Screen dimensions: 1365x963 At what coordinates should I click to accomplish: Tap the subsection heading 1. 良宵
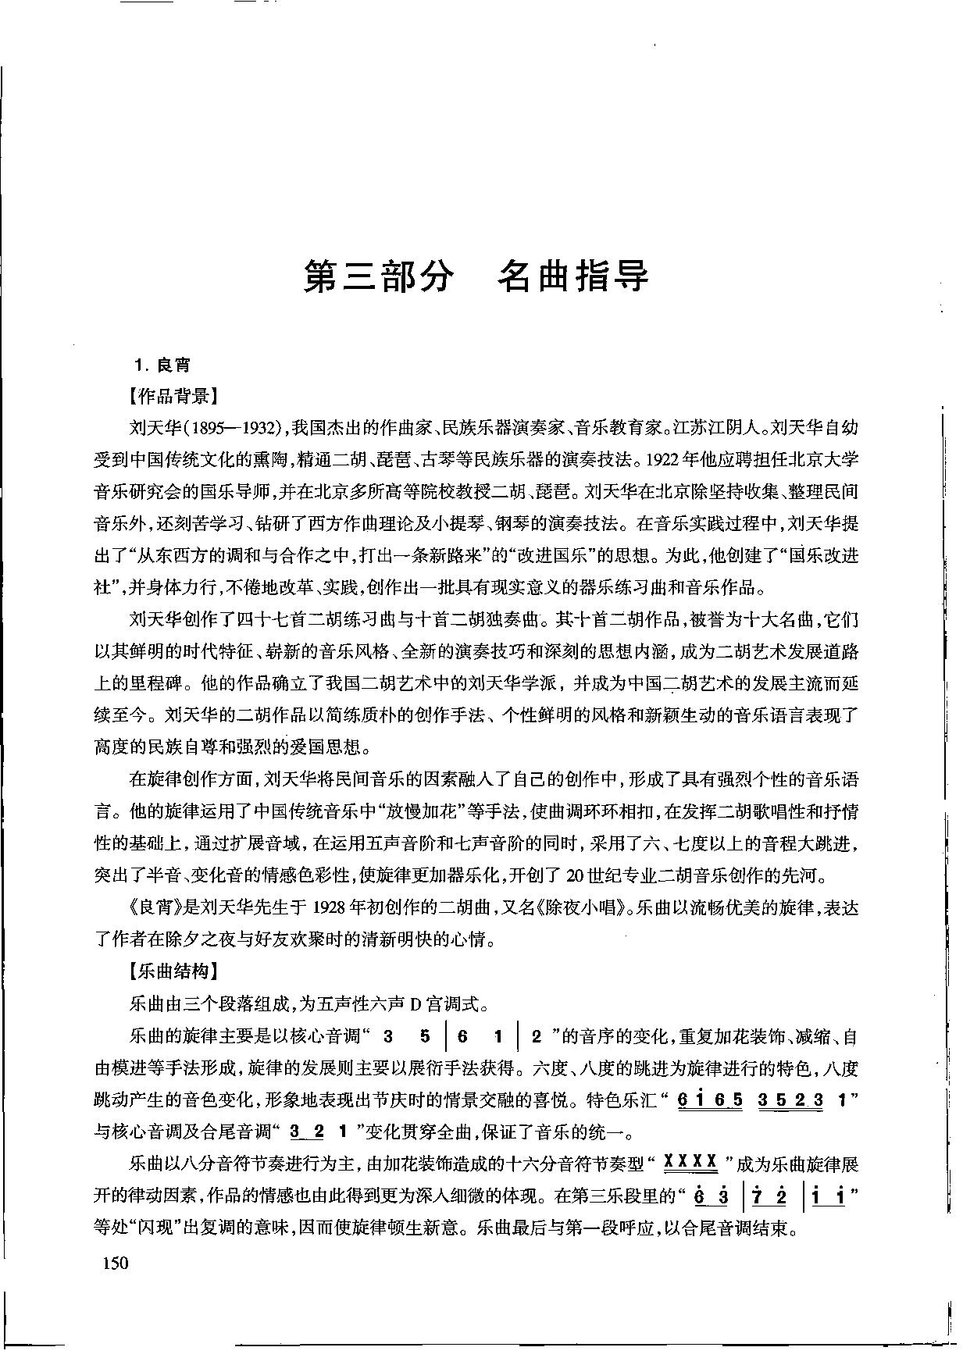coord(162,365)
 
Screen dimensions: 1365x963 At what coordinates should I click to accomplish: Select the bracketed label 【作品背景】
coord(173,396)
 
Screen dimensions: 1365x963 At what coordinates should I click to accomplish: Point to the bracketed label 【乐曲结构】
coord(173,971)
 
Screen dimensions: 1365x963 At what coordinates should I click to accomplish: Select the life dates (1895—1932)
coord(237,428)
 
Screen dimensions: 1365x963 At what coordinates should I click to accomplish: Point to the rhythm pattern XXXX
coord(690,1163)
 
